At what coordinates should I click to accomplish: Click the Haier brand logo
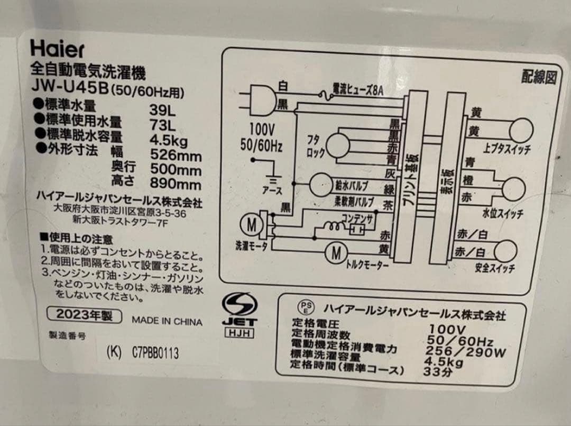tap(57, 49)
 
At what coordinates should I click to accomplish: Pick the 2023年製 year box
tap(85, 315)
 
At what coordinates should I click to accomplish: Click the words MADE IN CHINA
tap(167, 321)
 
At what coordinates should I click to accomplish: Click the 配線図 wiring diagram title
tap(539, 78)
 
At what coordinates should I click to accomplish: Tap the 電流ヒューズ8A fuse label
tap(357, 89)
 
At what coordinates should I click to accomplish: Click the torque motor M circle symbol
tap(336, 253)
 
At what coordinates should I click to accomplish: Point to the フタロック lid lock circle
tap(337, 144)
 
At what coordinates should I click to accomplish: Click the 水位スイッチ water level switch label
tap(502, 214)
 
